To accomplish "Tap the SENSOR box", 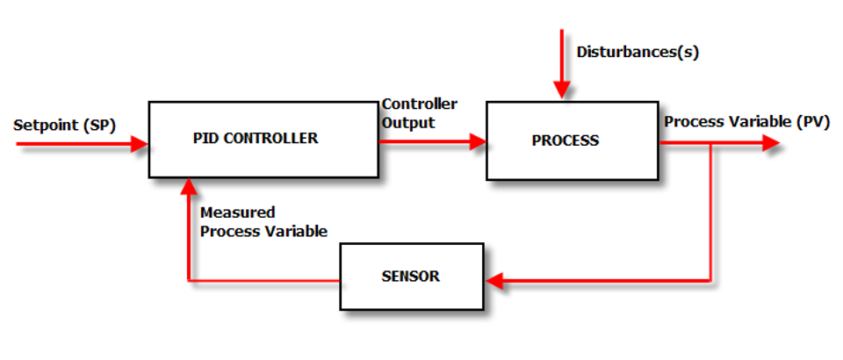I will tap(411, 277).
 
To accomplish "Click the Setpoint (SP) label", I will tap(64, 125).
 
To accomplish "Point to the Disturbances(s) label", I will tap(638, 52).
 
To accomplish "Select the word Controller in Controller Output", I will tap(420, 104).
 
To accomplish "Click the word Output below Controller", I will tap(408, 123).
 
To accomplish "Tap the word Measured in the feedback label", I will tap(237, 212).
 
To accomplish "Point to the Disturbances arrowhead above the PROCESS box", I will tap(561, 90).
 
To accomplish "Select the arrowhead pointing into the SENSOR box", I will tap(494, 281).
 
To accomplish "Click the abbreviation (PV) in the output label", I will tap(813, 122).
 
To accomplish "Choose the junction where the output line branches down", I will tap(710, 144).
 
